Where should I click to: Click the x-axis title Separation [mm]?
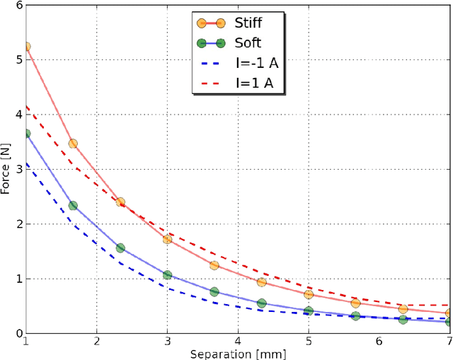click(x=238, y=353)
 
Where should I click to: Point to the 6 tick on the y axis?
click(x=18, y=6)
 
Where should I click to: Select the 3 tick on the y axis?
click(x=18, y=169)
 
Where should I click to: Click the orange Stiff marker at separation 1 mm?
click(x=26, y=47)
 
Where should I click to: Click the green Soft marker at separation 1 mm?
click(x=26, y=134)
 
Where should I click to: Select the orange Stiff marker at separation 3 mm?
click(x=167, y=239)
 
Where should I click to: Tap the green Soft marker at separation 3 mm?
click(x=167, y=274)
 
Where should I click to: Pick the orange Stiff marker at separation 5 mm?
click(x=308, y=294)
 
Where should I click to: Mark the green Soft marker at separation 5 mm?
click(x=308, y=311)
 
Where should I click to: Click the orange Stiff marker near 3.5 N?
click(x=73, y=143)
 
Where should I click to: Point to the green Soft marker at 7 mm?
click(x=449, y=321)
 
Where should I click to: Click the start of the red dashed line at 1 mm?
click(x=26, y=107)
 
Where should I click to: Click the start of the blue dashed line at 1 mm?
click(x=26, y=163)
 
